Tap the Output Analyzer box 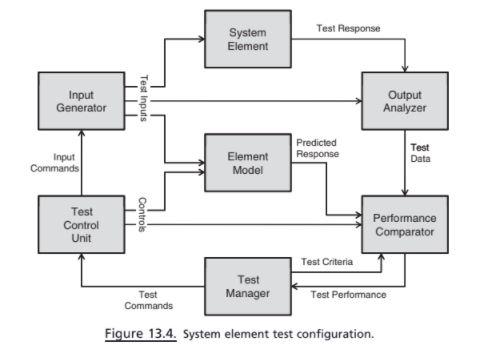[x=404, y=101]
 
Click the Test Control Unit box [x=81, y=225]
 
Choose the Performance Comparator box [x=404, y=225]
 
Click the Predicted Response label [x=319, y=149]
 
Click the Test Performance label [x=348, y=294]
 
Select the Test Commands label [x=147, y=300]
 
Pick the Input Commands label [x=62, y=162]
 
